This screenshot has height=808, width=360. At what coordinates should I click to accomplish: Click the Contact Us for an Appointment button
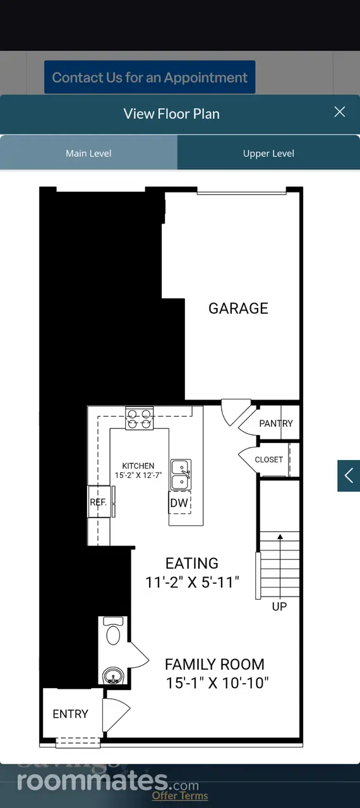tap(150, 77)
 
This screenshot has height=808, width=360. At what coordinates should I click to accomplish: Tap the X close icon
tap(339, 112)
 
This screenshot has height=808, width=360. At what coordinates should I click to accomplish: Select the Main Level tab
tap(89, 153)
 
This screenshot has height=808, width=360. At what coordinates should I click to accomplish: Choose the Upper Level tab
tap(269, 153)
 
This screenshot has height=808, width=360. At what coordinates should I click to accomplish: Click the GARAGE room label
tap(238, 309)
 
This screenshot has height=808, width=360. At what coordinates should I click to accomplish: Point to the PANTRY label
tap(276, 423)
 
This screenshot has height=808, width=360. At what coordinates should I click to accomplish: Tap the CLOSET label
tap(269, 460)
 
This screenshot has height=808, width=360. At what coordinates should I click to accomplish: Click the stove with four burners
tap(139, 419)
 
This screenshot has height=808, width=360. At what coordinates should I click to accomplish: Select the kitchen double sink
tap(181, 474)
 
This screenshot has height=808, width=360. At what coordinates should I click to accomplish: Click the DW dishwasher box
tap(179, 502)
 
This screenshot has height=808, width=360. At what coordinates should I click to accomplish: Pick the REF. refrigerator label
tap(98, 502)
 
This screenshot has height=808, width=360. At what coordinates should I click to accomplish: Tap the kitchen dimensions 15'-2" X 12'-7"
tap(138, 475)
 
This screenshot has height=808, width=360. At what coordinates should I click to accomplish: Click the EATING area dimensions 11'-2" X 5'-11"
tap(192, 582)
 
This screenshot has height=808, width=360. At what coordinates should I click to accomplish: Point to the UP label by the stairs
tap(279, 607)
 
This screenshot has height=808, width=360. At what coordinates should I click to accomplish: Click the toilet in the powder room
tap(113, 631)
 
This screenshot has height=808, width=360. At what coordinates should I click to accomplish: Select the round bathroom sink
tap(113, 675)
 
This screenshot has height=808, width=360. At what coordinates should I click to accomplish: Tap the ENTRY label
tap(70, 714)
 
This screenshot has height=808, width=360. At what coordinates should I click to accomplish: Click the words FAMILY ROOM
tap(215, 665)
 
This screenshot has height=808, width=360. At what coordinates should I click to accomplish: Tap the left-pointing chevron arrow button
tap(349, 475)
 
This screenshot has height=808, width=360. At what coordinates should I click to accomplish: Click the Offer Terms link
tap(180, 795)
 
